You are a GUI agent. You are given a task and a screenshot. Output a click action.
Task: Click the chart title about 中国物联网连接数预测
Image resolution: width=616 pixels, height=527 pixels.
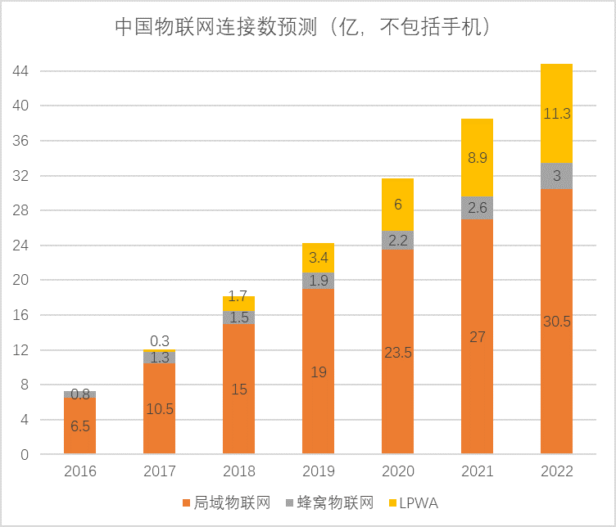point(302,28)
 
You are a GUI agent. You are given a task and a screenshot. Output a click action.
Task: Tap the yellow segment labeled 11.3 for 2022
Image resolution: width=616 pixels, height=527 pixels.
point(556,114)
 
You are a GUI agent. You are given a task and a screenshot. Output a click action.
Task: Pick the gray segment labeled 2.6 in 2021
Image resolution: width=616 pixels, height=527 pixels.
point(477,208)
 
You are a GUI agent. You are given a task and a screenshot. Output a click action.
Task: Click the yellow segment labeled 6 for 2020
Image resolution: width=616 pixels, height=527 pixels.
point(397,205)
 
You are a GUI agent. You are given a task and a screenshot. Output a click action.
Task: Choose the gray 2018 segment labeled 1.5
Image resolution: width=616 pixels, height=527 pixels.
point(238,318)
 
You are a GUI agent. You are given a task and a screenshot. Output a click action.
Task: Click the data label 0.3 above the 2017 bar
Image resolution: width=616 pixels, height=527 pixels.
point(160,340)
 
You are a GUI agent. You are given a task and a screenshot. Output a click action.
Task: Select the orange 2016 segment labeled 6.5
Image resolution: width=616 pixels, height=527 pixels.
point(79,426)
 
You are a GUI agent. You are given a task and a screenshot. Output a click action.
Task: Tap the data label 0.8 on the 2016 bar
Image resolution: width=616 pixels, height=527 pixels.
point(79,394)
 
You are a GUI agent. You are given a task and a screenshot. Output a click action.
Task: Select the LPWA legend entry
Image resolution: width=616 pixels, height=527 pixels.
point(417,502)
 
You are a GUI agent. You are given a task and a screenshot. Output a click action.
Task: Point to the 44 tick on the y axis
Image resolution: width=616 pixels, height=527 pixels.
point(20,71)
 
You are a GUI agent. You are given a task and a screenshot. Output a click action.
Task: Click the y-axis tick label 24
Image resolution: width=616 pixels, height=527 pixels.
point(20,245)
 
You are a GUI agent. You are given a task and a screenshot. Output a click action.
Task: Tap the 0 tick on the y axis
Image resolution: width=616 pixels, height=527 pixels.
point(25,454)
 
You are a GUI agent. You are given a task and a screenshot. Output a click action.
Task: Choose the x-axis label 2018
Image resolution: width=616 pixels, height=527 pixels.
point(238,471)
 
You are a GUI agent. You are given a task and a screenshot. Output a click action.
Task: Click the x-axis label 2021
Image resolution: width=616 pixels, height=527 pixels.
point(477,471)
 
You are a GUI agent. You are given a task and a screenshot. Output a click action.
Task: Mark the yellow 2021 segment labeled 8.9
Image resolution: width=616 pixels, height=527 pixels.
point(477,158)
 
